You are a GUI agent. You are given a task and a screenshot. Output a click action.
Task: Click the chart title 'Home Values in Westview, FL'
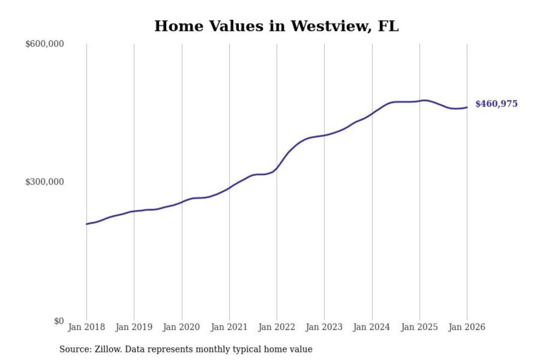pos(276,26)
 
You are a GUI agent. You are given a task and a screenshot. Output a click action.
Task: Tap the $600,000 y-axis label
pos(44,44)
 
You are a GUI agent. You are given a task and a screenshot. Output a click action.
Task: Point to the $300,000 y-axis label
pos(44,182)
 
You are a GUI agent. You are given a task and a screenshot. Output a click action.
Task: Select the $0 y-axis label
pos(59,321)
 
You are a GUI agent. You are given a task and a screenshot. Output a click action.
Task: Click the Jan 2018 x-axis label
pos(86,327)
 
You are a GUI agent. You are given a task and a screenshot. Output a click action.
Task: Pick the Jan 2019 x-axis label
pos(134,327)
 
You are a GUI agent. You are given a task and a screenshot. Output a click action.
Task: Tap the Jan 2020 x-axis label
pos(181,327)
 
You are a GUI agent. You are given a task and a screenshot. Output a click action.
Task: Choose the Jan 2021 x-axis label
pos(229,327)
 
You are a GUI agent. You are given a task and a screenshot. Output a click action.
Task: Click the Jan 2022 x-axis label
pos(277,327)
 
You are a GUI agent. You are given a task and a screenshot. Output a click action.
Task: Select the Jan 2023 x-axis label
pos(324,327)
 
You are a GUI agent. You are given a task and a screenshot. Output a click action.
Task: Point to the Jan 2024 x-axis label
pos(372,327)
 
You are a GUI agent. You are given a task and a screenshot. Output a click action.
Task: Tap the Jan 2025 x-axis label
pos(419,327)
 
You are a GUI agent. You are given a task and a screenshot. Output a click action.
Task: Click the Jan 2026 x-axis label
pos(467,327)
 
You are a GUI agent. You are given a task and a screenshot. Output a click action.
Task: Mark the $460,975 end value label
pos(496,104)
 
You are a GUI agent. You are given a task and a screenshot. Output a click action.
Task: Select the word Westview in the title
pos(330,26)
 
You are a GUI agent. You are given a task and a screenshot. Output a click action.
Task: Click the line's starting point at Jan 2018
pos(87,224)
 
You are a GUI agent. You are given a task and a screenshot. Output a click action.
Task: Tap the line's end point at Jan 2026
pos(467,108)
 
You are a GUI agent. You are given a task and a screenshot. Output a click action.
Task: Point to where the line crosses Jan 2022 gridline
pos(277,168)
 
